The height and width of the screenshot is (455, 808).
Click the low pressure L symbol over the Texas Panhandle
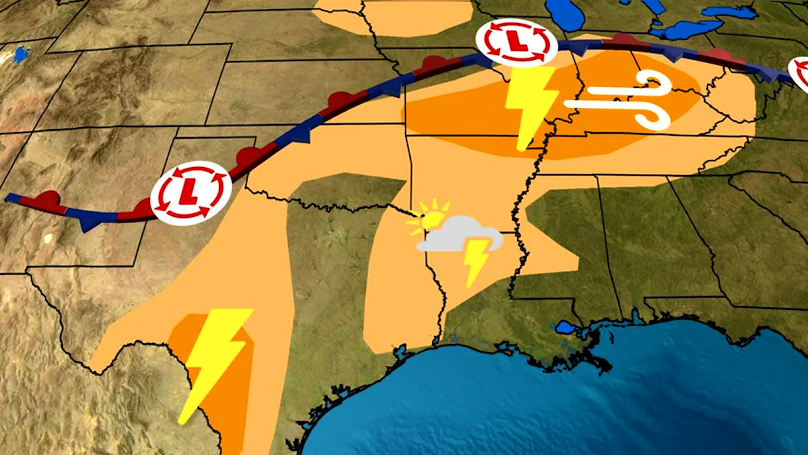pos(191,193)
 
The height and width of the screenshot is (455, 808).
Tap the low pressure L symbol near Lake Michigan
pos(516,43)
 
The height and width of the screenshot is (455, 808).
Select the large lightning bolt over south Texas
pos(215,362)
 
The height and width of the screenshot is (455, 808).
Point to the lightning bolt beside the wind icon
pos(531,105)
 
